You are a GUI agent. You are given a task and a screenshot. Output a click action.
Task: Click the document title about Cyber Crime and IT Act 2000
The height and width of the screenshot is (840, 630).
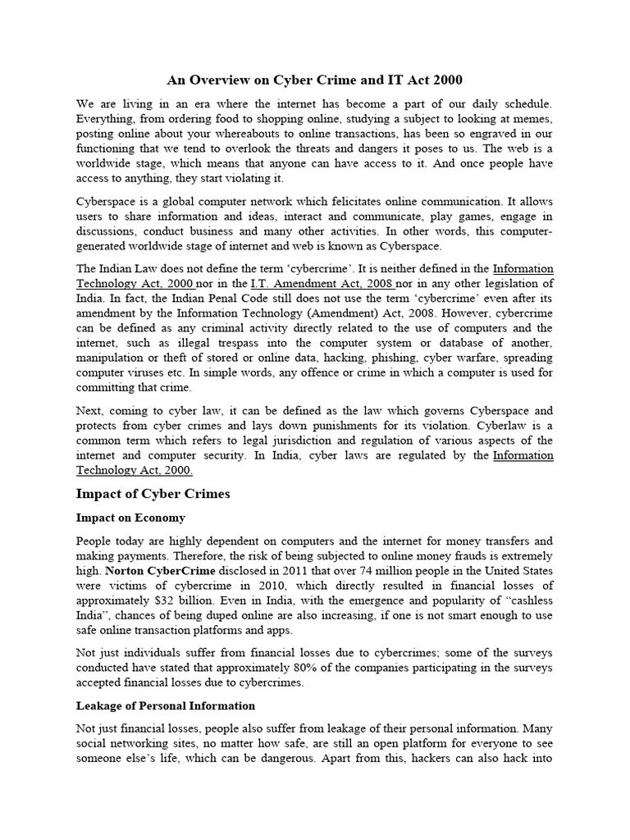coord(315,80)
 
